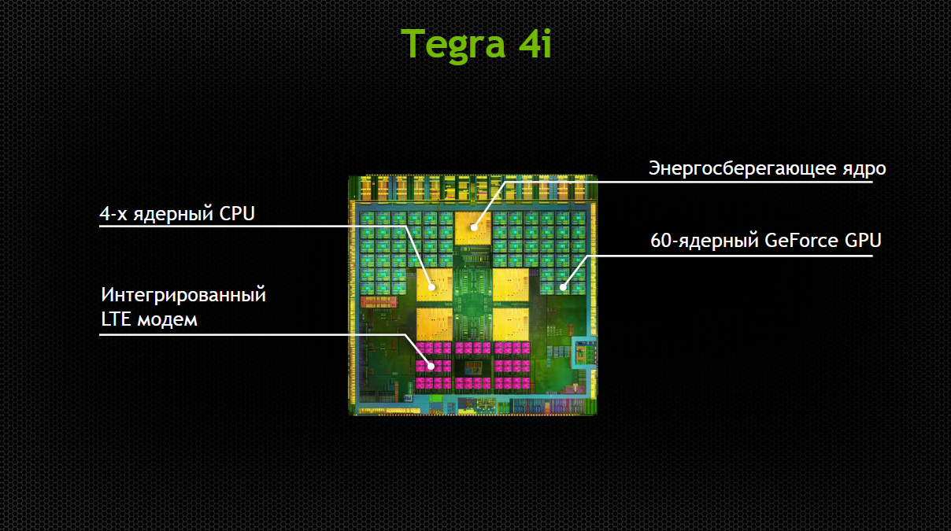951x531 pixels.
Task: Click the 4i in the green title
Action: (535, 42)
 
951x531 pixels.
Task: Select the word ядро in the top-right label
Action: (864, 170)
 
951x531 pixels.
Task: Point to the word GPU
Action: (863, 241)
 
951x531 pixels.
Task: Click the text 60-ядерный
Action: (705, 241)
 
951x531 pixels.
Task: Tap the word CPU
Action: (237, 213)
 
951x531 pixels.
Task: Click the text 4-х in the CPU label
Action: (113, 214)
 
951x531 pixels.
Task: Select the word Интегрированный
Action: (183, 295)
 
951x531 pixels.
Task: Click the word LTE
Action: (116, 319)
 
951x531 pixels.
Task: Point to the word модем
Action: (167, 321)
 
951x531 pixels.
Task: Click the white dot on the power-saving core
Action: (474, 227)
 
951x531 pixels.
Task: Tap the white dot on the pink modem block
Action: (431, 366)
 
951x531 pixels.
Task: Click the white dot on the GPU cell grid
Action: (563, 287)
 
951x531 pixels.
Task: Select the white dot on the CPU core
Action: (431, 287)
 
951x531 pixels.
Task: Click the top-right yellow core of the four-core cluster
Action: (511, 285)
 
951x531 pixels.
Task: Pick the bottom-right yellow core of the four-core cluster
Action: (511, 324)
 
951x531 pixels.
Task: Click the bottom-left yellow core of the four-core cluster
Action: (435, 324)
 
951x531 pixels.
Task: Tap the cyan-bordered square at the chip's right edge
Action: (584, 352)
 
